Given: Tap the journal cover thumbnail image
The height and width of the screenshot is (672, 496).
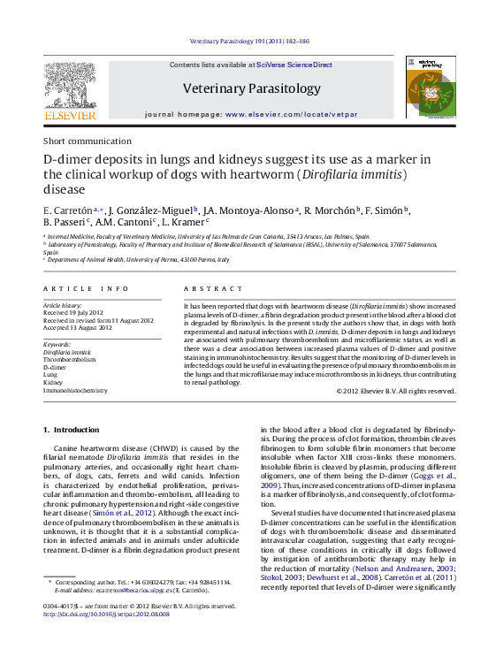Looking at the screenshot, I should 430,87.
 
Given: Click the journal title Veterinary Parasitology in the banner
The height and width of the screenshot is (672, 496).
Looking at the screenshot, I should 252,88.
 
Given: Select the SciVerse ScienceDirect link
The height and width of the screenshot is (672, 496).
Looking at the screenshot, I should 294,65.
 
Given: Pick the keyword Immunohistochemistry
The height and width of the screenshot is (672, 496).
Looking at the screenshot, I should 75,390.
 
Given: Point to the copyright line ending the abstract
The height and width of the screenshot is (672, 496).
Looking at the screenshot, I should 396,390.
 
